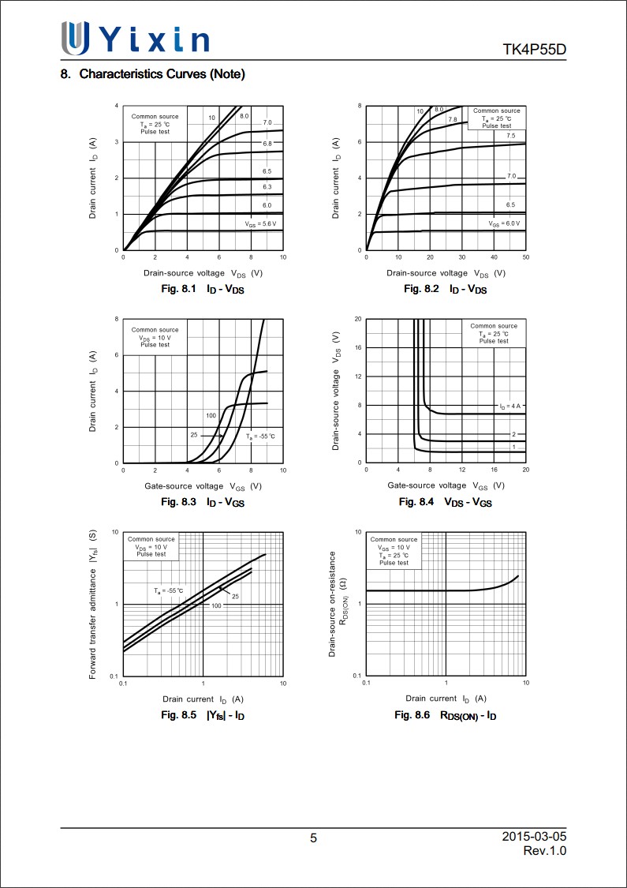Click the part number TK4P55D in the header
(534, 51)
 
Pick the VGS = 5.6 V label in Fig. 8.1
(260, 224)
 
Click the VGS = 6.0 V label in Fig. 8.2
(504, 224)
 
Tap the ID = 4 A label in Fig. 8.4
(509, 406)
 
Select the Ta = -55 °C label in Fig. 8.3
(259, 437)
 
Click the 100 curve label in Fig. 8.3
(211, 415)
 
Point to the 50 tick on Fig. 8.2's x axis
(525, 257)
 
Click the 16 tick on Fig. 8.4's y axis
(358, 348)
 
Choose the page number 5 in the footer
(313, 838)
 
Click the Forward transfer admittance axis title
(92, 605)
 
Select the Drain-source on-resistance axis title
(333, 605)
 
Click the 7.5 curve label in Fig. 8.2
(510, 136)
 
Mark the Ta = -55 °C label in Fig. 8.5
(168, 590)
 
